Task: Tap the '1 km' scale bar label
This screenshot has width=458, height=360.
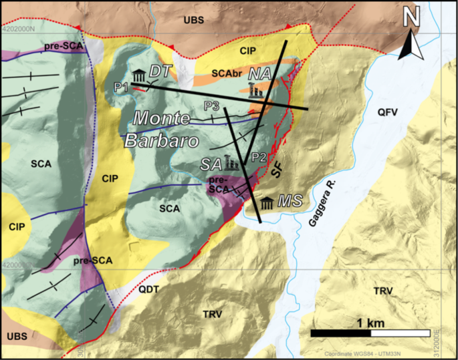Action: pos(370,323)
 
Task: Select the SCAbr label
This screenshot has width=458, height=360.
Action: pos(227,71)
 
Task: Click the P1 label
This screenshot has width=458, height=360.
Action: pos(120,86)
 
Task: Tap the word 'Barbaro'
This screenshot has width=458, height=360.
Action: pos(160,141)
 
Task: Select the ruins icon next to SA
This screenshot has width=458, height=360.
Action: pos(233,162)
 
